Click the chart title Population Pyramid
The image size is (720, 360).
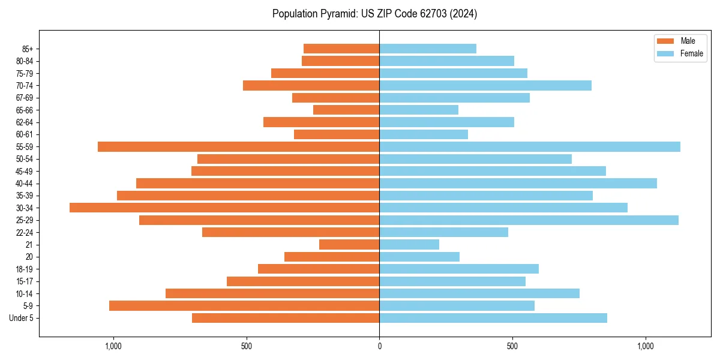coord(374,14)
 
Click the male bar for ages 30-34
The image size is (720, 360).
coord(224,208)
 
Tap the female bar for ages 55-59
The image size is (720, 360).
coord(530,146)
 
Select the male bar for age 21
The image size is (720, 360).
coord(349,245)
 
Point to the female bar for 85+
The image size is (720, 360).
coord(428,49)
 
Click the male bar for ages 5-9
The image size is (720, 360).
coord(244,305)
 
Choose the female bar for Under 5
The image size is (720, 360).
coord(493,318)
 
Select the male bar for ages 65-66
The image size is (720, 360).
coord(346,110)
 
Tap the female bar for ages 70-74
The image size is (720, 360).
coord(485,85)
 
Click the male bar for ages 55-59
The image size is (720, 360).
coord(238,146)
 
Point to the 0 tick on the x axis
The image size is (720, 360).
coord(379,346)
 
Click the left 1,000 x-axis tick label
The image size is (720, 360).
coord(113,346)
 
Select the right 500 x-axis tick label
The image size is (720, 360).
coord(512,346)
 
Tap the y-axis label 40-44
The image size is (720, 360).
coord(24,184)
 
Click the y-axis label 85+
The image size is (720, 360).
coord(27,49)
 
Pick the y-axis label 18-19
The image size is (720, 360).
coord(24,269)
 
